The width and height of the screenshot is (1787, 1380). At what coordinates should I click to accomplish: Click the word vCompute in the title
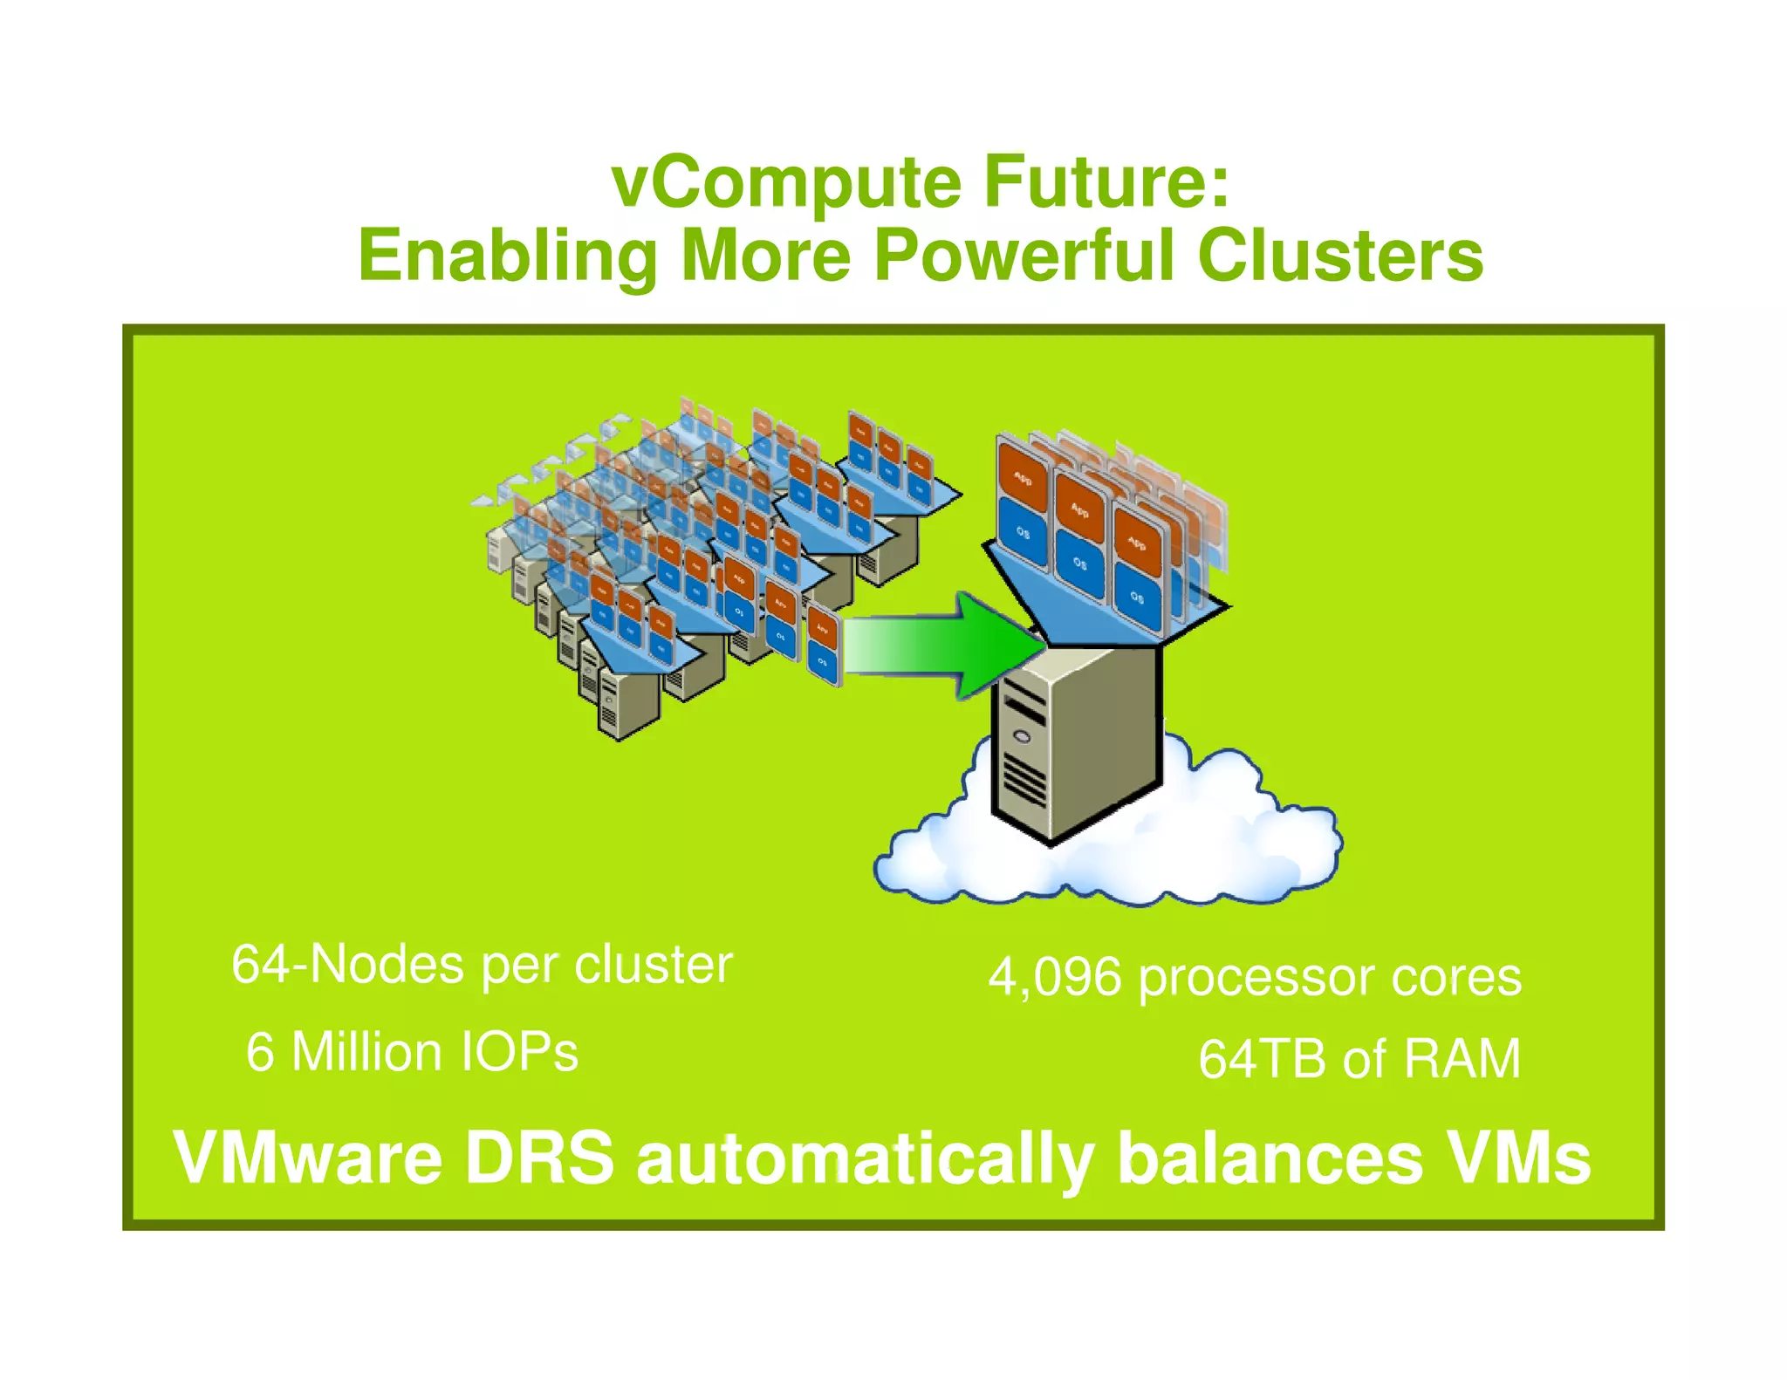pyautogui.click(x=785, y=183)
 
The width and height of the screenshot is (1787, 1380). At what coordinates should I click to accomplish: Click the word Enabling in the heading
pyautogui.click(x=507, y=256)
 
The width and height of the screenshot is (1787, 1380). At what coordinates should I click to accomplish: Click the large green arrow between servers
pyautogui.click(x=942, y=646)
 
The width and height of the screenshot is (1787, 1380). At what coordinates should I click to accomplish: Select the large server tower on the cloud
pyautogui.click(x=1078, y=741)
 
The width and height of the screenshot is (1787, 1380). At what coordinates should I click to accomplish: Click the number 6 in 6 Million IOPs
pyautogui.click(x=259, y=1052)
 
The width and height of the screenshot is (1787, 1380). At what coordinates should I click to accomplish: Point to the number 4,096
pyautogui.click(x=1054, y=977)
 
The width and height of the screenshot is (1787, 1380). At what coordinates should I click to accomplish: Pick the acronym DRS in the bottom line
pyautogui.click(x=539, y=1158)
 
